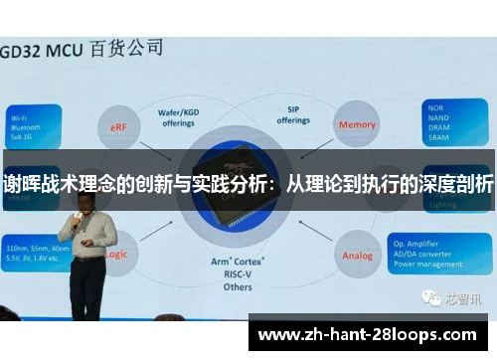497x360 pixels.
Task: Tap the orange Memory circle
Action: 357,125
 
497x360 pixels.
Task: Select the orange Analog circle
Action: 357,255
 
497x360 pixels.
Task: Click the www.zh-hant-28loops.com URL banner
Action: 372,333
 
